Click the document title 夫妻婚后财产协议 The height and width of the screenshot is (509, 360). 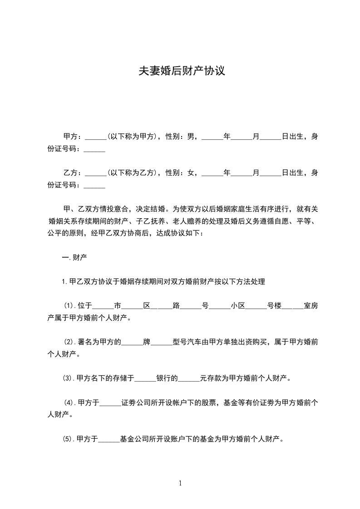coord(182,72)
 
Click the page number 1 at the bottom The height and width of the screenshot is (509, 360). coord(180,483)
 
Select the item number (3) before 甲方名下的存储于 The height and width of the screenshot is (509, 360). coord(68,378)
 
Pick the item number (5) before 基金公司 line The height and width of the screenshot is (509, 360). coord(68,439)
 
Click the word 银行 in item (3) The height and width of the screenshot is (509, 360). coord(163,378)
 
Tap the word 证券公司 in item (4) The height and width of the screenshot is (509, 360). coord(136,402)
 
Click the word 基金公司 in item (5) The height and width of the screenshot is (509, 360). coord(133,439)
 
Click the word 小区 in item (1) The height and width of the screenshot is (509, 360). coord(238,306)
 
